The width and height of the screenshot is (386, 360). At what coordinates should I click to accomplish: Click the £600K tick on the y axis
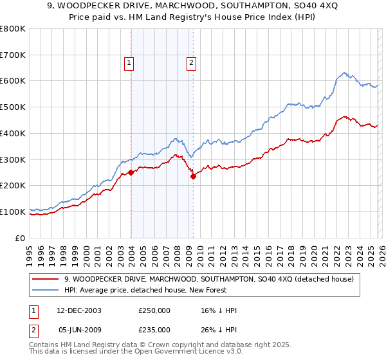click(13, 81)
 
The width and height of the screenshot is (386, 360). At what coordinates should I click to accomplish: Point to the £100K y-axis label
click(13, 212)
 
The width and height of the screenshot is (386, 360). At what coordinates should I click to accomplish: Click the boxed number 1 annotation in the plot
click(129, 62)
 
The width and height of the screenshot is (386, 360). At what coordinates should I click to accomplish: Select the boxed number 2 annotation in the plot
click(192, 62)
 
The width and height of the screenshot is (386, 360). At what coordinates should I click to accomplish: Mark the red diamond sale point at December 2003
click(131, 172)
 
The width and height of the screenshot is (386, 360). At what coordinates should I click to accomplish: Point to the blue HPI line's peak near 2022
click(345, 73)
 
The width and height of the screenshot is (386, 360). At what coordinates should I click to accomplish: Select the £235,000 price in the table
click(154, 330)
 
